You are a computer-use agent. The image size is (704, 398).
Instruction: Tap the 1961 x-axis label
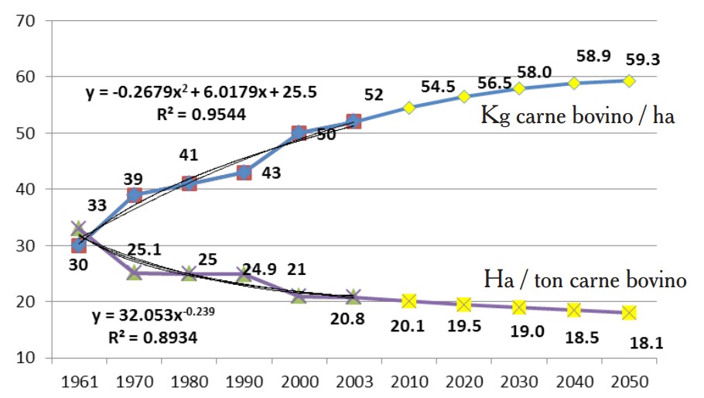79,383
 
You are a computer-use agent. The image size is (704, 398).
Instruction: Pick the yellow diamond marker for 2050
630,81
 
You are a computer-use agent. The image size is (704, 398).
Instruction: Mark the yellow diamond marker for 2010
409,108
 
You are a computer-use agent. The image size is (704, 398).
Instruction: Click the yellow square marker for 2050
630,312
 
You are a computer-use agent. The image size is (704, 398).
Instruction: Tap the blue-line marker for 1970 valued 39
134,195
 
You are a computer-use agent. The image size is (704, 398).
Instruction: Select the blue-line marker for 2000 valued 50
299,133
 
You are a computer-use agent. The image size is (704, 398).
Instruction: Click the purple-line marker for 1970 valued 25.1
134,273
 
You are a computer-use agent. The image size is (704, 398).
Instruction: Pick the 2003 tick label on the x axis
354,383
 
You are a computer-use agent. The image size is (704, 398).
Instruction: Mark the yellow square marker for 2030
519,307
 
